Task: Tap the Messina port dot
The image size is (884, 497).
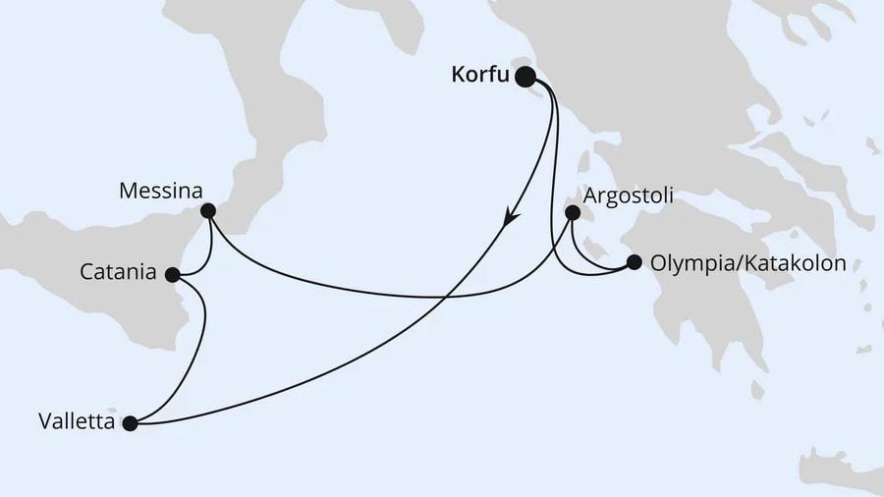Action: [207, 210]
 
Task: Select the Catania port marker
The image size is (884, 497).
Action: [173, 274]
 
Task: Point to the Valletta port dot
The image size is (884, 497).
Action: [131, 423]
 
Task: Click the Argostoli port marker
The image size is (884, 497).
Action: [573, 210]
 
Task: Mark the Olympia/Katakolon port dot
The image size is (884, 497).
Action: [634, 262]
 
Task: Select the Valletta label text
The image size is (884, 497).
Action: [76, 423]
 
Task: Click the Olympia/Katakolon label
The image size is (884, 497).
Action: [747, 263]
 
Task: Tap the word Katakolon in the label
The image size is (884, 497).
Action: [795, 263]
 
